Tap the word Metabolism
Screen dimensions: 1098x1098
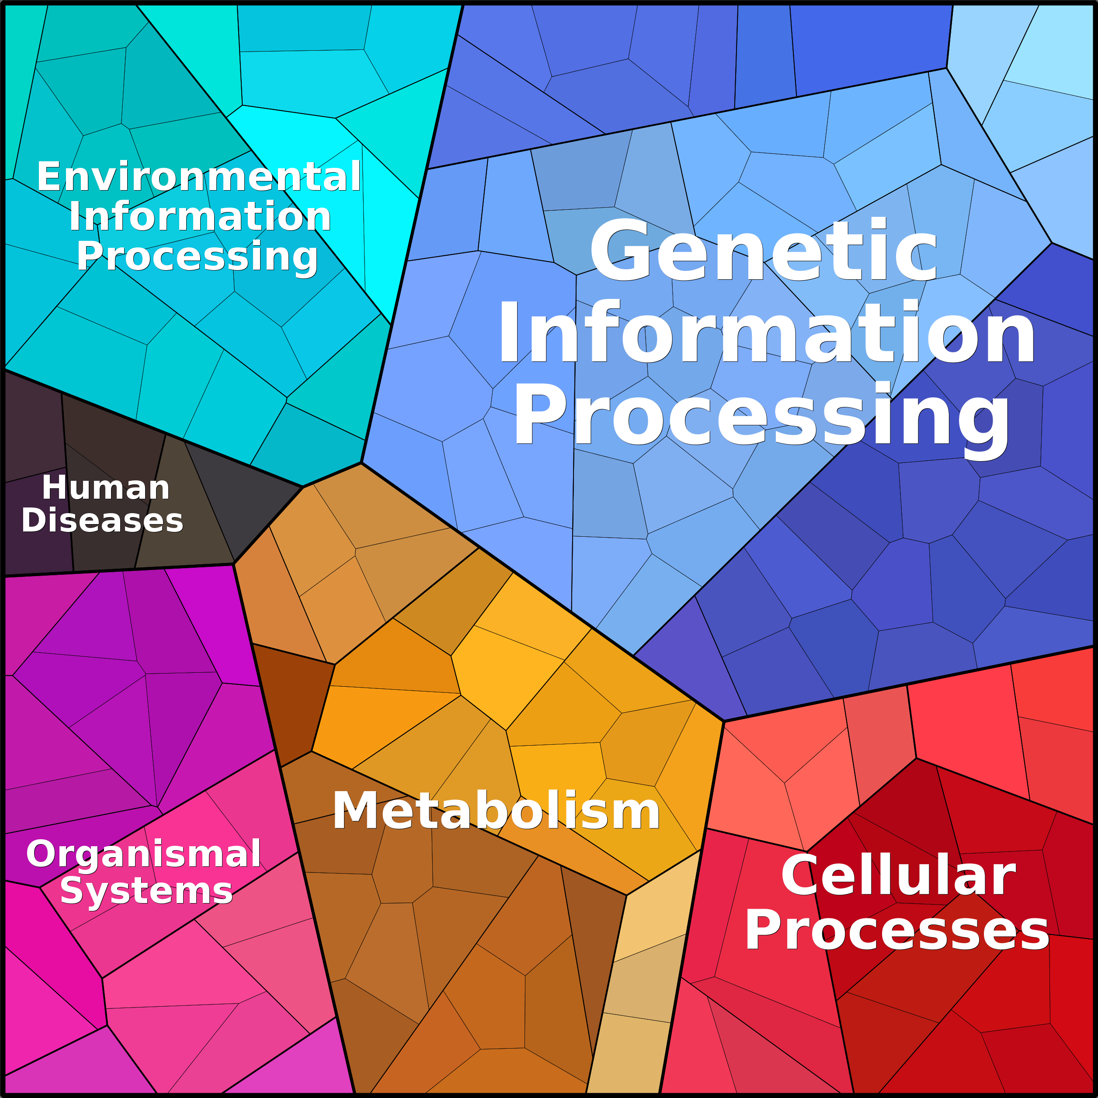point(496,810)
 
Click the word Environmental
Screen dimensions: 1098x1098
point(199,176)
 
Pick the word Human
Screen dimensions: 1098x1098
point(106,488)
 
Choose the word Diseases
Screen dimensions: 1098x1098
point(102,520)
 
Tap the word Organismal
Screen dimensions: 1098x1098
point(144,854)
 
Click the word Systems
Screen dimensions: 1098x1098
point(146,890)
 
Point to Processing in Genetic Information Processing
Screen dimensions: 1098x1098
point(761,415)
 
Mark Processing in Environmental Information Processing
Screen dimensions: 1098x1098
point(197,256)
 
